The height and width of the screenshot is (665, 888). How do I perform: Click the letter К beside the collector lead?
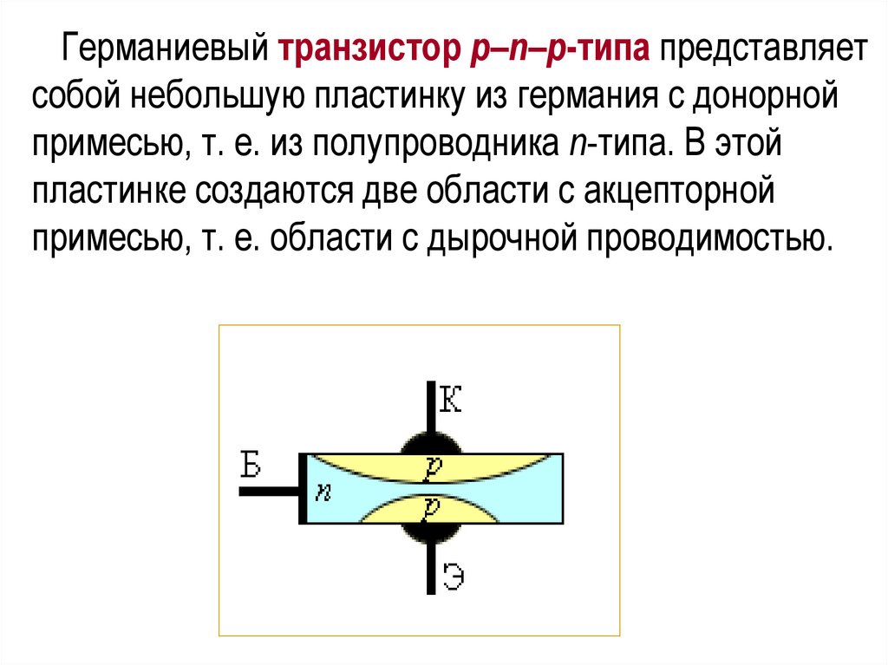[451, 401]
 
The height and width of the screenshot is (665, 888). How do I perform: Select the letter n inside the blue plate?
[322, 492]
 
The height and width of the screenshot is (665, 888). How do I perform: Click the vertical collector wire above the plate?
[430, 408]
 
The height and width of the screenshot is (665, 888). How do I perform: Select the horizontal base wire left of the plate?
[269, 491]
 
